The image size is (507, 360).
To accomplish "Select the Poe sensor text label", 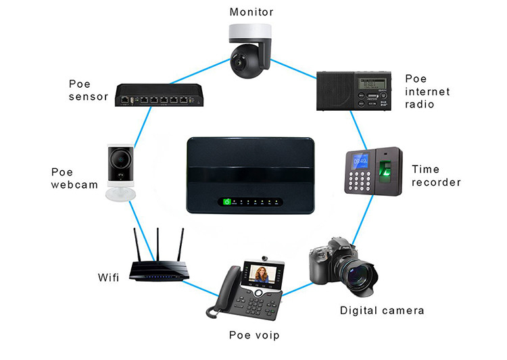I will (x=89, y=91).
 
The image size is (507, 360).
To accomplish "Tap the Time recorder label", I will (x=436, y=176).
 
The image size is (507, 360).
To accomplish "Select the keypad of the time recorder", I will (x=361, y=180).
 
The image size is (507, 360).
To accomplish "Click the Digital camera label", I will (x=382, y=311).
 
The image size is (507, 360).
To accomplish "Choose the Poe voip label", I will (x=254, y=335).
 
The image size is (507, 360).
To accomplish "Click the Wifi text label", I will (x=109, y=276).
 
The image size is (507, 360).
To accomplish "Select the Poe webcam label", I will (x=74, y=178).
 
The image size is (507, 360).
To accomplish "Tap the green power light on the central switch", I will (x=228, y=201).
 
